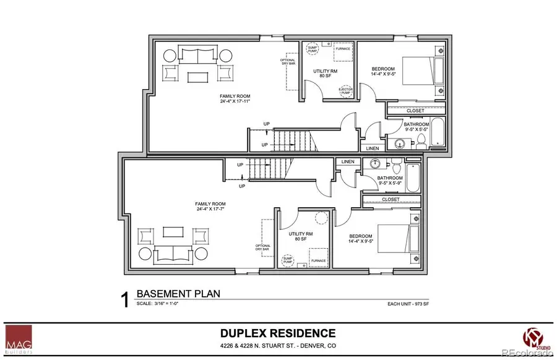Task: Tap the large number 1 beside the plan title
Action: coord(124,300)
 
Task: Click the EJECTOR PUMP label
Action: coord(345,91)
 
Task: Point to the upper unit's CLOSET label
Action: coord(415,111)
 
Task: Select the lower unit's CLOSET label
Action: coord(391,200)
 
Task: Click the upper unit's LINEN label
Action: coord(373,148)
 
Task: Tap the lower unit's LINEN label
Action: coord(348,162)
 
